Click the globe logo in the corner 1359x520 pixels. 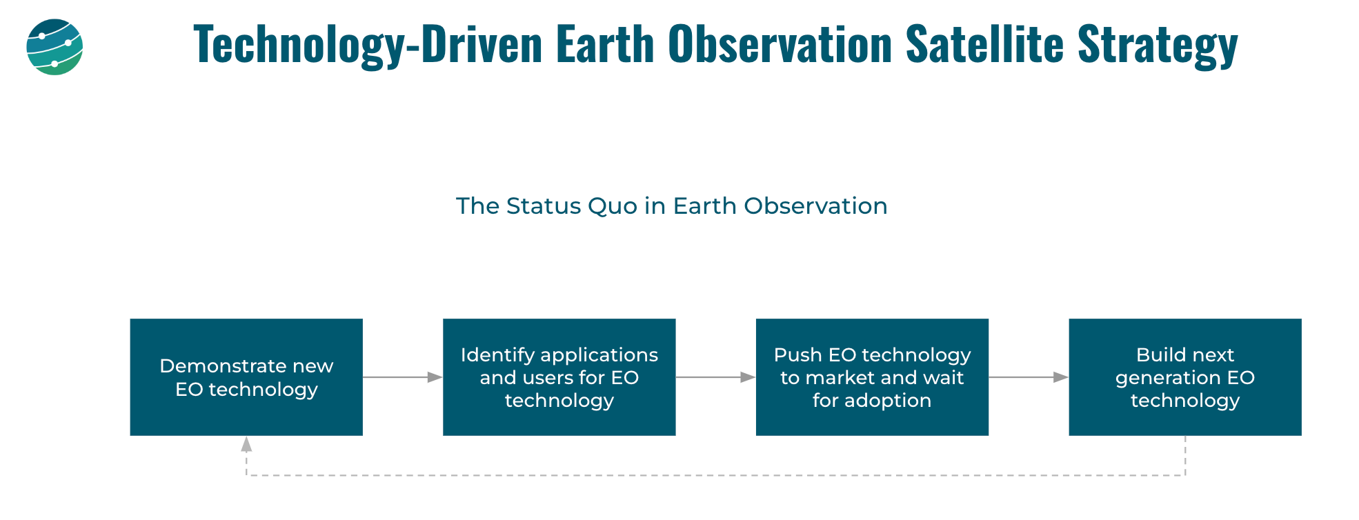coord(54,47)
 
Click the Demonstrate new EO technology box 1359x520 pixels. coord(246,377)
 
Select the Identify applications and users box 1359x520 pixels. coord(559,377)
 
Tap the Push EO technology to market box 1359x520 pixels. coord(872,377)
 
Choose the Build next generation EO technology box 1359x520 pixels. coord(1185,377)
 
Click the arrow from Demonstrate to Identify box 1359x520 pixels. coord(403,377)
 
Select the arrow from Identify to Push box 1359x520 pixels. coord(716,377)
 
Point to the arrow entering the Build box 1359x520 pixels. coord(1029,377)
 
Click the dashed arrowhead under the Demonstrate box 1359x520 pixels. coord(246,444)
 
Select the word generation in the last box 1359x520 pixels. coord(1158,379)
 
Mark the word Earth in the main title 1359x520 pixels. coord(605,44)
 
